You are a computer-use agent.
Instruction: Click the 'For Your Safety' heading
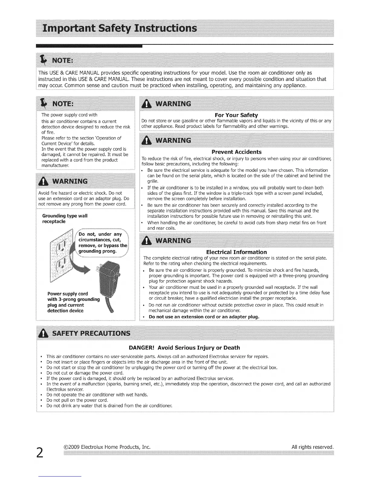click(236, 115)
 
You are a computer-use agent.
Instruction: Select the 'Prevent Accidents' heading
click(236, 152)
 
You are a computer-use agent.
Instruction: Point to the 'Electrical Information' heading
click(236, 252)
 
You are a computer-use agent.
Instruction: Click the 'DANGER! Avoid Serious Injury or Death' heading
click(184, 347)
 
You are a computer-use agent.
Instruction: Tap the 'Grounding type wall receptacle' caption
click(65, 218)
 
